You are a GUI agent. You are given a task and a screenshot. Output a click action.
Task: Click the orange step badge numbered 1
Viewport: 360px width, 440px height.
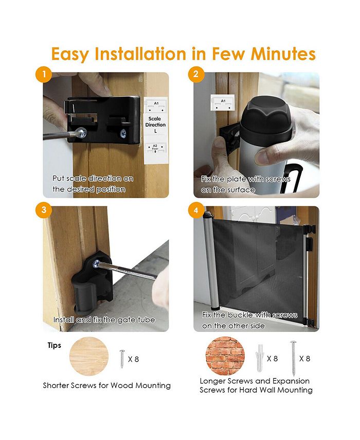pos(44,74)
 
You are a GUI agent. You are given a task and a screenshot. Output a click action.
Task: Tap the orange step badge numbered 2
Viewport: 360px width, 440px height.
pos(196,74)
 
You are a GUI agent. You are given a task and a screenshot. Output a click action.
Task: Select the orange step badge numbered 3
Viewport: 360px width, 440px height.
pos(44,210)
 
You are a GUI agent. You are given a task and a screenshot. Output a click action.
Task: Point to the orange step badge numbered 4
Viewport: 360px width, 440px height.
pos(196,210)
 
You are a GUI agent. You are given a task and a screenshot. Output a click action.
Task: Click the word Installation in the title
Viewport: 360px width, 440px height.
pos(140,54)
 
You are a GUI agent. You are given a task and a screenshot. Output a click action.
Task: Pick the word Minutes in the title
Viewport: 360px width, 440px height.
pos(283,54)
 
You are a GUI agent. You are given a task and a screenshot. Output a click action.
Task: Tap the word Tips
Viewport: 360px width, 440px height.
pos(55,345)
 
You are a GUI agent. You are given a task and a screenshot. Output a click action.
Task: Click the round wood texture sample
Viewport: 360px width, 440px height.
pos(89,357)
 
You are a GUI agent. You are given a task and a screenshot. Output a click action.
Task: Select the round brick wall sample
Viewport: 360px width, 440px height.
pos(225,356)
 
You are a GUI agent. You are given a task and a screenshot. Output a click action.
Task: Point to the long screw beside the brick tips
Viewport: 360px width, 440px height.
pos(293,358)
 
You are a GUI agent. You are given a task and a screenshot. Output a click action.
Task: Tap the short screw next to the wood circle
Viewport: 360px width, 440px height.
pos(122,359)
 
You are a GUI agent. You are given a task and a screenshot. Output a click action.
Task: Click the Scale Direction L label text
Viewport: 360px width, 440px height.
pos(155,125)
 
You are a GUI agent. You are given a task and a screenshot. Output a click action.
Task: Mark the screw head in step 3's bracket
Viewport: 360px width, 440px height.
pos(96,263)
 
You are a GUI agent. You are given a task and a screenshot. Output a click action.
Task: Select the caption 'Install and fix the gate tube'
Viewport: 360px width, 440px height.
pos(104,320)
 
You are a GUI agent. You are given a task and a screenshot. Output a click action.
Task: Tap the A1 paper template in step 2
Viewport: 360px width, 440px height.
pos(223,102)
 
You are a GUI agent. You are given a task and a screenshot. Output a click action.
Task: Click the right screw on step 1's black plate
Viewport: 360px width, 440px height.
pos(123,134)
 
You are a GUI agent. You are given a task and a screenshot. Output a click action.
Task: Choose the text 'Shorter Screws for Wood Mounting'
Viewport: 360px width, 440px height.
pos(107,385)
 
